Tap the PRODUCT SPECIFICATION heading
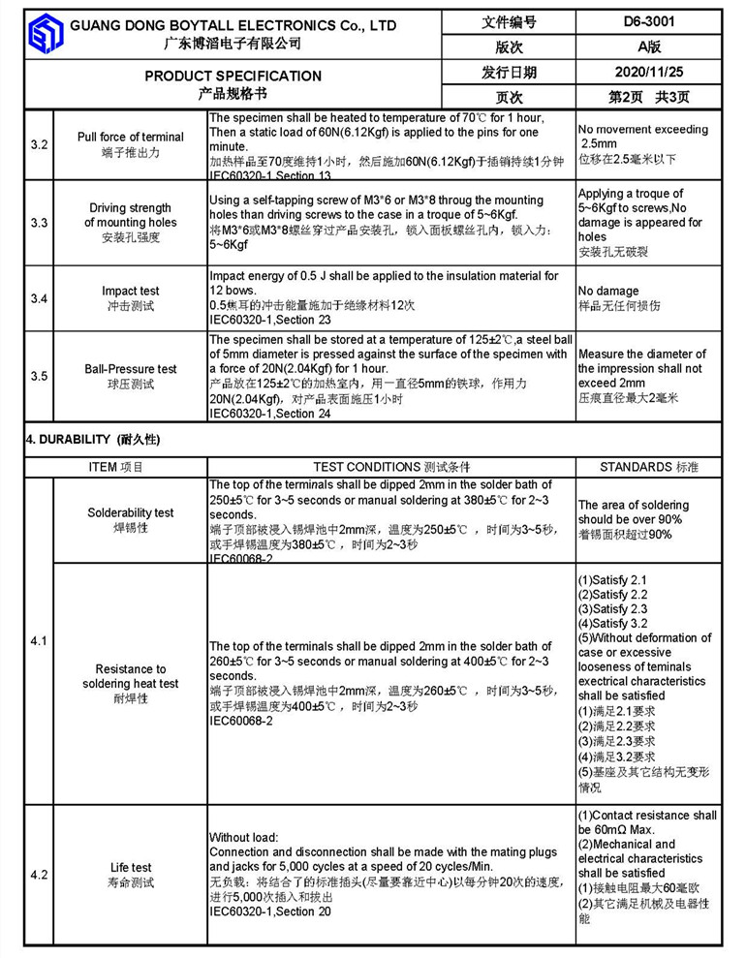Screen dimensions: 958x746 click(x=233, y=76)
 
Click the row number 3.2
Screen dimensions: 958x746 click(x=39, y=144)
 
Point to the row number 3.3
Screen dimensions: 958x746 click(x=39, y=223)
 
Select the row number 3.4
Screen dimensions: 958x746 click(x=39, y=298)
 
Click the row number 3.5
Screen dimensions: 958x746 click(x=39, y=376)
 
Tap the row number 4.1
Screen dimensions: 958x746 click(x=39, y=641)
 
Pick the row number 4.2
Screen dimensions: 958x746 click(x=39, y=875)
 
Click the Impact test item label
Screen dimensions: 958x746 click(x=131, y=291)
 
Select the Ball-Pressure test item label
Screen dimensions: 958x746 click(x=131, y=369)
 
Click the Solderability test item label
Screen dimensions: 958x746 click(x=131, y=512)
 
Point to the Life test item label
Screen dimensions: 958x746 click(x=131, y=868)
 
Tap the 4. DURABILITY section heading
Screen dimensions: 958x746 click(x=93, y=440)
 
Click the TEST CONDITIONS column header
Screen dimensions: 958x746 click(x=392, y=467)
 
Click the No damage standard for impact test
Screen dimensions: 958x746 click(x=608, y=291)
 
